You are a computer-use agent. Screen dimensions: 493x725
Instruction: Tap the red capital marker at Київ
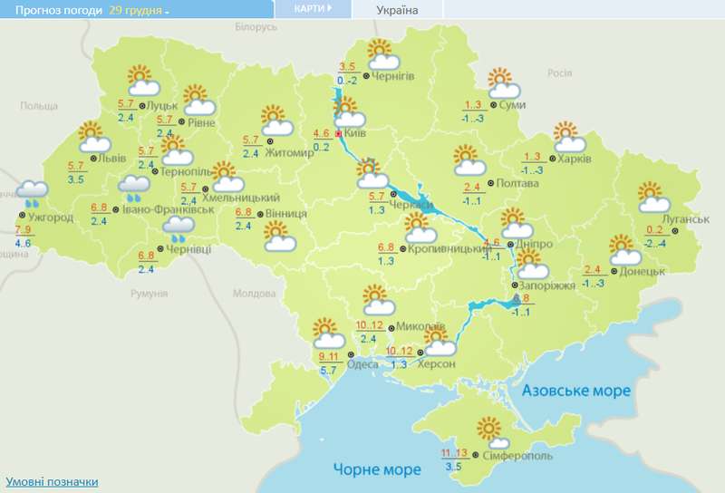[x=339, y=133]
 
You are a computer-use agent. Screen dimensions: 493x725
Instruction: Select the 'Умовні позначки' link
[x=52, y=481]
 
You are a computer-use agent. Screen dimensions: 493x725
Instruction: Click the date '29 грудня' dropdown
[x=140, y=10]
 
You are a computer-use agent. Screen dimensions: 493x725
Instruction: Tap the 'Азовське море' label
[x=576, y=390]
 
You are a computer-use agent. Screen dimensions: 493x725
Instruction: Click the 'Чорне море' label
[x=376, y=469]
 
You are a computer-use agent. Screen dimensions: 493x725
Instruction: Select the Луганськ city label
[x=684, y=219]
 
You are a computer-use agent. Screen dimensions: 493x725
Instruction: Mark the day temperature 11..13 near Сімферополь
[x=456, y=453]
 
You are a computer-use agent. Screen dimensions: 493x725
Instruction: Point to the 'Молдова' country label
[x=254, y=294]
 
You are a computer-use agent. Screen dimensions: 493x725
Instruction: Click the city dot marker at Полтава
[x=490, y=183]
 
